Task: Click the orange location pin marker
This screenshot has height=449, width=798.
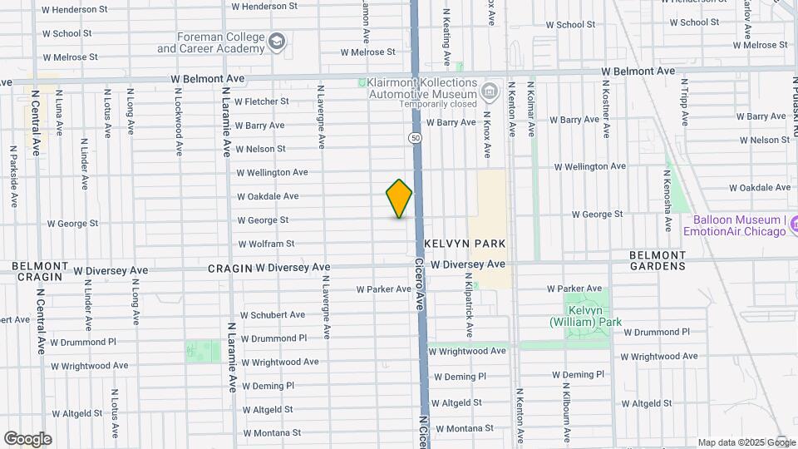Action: point(399,198)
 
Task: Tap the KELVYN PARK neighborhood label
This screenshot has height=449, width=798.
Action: point(465,243)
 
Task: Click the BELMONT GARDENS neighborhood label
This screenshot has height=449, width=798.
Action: point(658,260)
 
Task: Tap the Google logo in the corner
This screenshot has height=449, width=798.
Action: point(27,439)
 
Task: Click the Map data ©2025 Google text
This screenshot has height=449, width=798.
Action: point(746,443)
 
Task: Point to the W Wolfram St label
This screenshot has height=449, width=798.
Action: point(266,244)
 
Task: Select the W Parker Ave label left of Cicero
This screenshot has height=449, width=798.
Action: point(384,289)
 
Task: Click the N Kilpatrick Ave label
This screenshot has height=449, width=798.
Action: point(469,308)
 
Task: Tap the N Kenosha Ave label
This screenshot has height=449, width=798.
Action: point(667,202)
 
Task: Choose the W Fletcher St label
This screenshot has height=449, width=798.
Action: point(261,101)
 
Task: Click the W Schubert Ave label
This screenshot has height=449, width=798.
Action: point(273,315)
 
